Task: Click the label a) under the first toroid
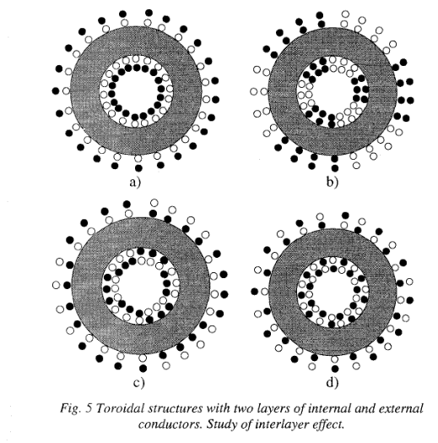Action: coord(135,183)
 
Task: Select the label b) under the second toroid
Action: coord(333,183)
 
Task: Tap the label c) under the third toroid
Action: coord(138,383)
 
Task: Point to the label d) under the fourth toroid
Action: coord(333,382)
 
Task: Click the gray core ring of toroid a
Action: coord(84,91)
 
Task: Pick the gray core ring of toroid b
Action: coord(282,91)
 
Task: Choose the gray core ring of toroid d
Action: coord(282,291)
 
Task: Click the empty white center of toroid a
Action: coord(137,91)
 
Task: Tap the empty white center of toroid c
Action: coord(140,286)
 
